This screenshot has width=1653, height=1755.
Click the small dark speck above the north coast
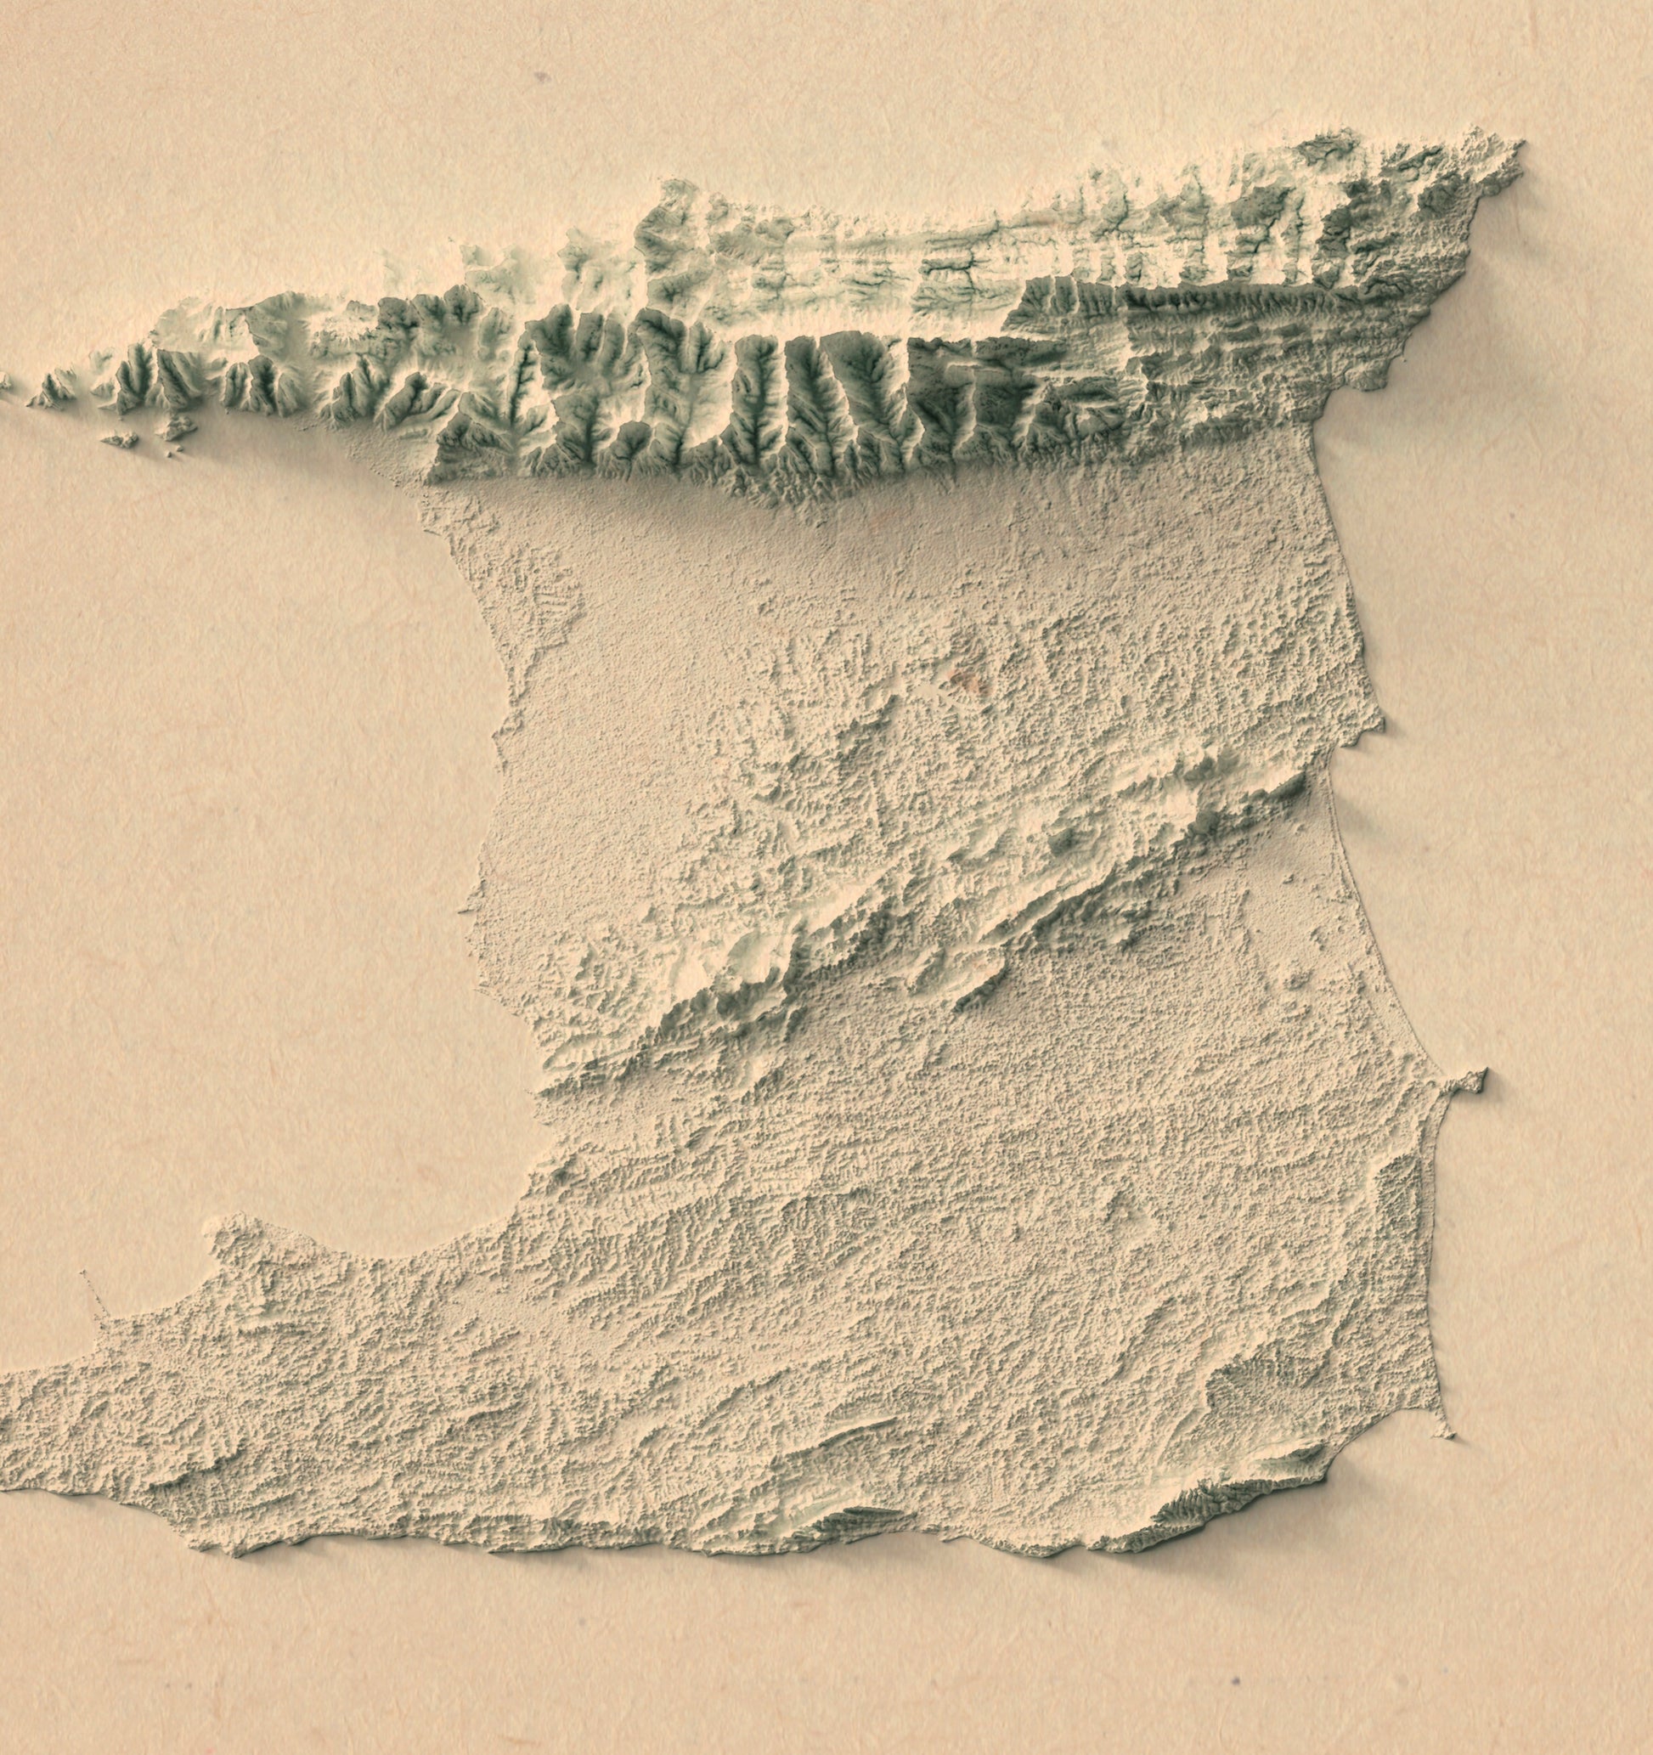pos(539,78)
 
